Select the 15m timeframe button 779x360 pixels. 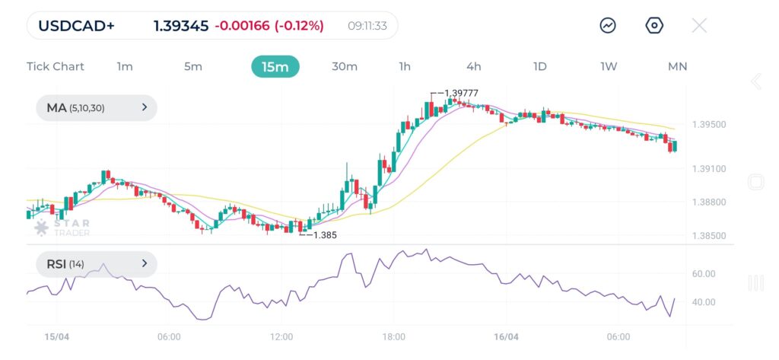click(x=275, y=66)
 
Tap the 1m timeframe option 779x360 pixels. click(x=125, y=66)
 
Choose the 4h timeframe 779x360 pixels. click(x=474, y=66)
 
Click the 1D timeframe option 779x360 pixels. click(x=539, y=66)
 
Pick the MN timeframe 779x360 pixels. click(x=677, y=66)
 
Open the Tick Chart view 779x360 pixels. click(x=56, y=66)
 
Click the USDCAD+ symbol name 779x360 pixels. click(x=77, y=26)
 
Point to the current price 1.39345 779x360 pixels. click(x=181, y=26)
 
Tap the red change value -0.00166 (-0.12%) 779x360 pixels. click(x=269, y=26)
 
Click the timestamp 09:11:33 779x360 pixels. click(x=367, y=26)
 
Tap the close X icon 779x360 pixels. click(x=699, y=26)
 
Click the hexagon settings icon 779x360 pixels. click(x=654, y=26)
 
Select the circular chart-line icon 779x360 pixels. click(x=608, y=26)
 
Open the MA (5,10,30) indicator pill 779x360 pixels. click(x=97, y=108)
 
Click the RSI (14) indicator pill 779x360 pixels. click(x=97, y=264)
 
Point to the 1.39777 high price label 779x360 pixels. click(x=460, y=93)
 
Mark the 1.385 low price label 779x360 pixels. click(x=324, y=235)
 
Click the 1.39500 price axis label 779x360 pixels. click(x=709, y=125)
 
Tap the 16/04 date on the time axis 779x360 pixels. click(x=506, y=336)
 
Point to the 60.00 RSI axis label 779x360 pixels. click(x=704, y=274)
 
